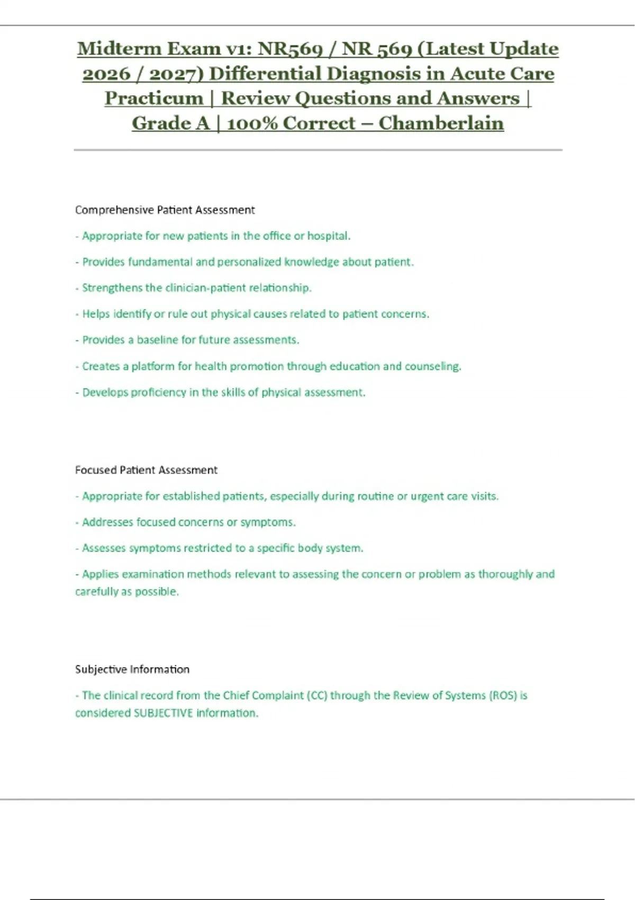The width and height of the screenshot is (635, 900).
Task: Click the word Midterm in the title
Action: point(119,49)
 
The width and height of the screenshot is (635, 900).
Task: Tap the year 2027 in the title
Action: point(176,74)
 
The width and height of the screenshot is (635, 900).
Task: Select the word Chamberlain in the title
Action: point(441,123)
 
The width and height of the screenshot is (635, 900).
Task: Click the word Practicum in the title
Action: point(154,98)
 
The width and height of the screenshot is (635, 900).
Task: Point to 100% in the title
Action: point(252,123)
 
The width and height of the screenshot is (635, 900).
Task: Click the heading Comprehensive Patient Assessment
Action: point(165,210)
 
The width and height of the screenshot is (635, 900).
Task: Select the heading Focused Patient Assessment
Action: point(146,470)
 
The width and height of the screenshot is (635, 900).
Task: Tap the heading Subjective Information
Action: point(132,669)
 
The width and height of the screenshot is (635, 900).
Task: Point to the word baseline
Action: point(158,340)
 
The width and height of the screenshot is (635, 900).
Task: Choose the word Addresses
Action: point(107,522)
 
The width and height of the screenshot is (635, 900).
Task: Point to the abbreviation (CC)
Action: point(317,695)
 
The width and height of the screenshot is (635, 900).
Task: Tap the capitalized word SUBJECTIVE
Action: point(164,713)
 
